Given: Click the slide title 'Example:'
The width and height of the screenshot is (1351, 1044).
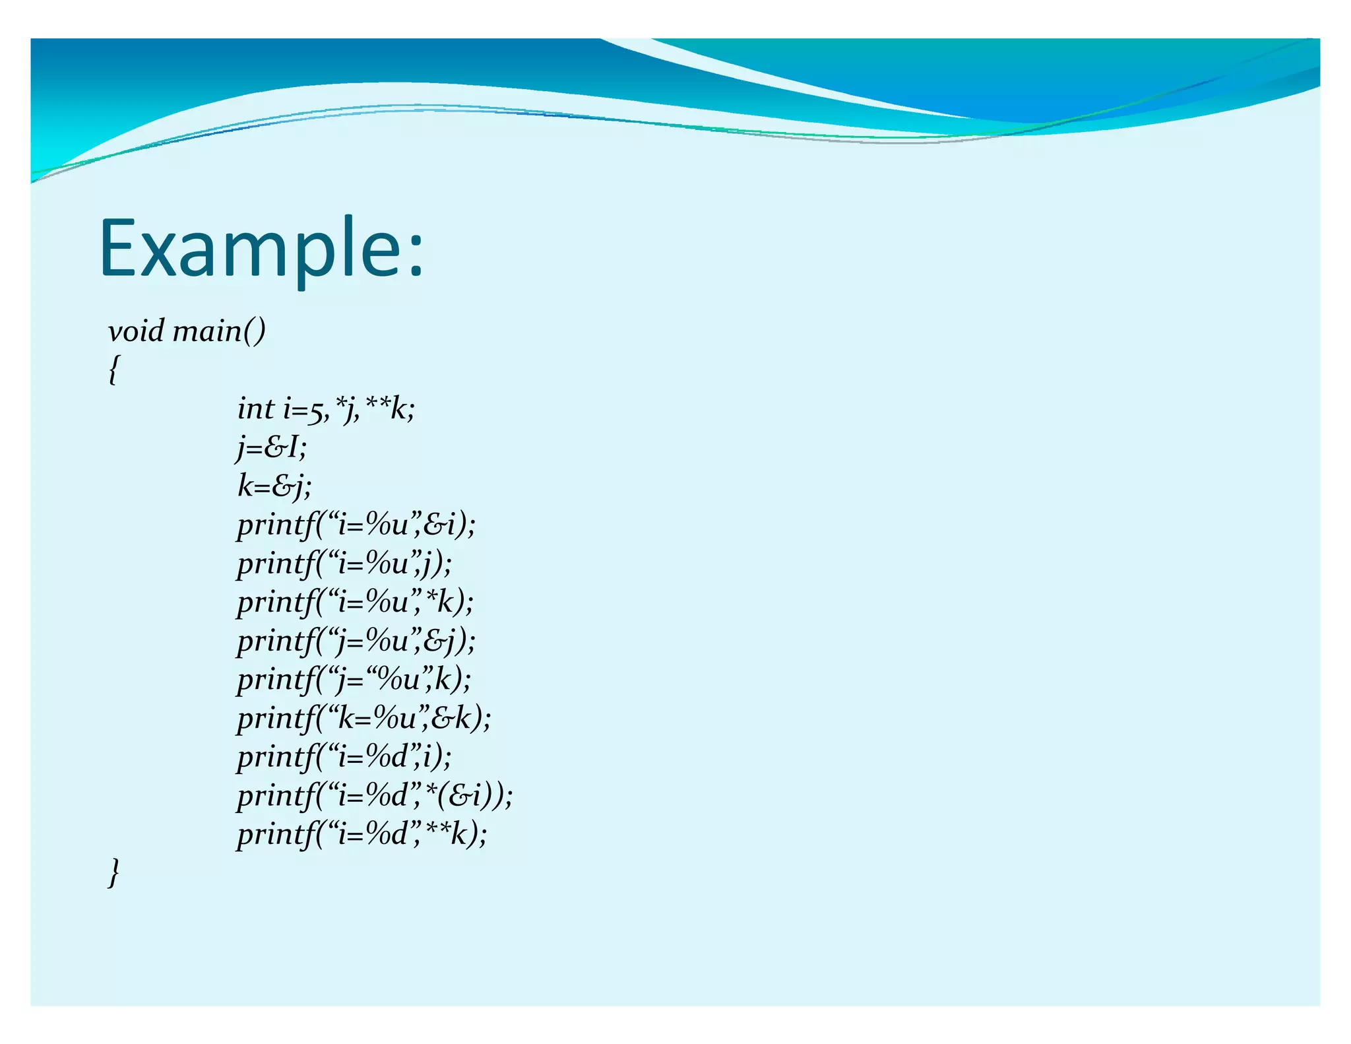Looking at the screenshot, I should coord(262,249).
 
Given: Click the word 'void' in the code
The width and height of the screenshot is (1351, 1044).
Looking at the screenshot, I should coord(136,331).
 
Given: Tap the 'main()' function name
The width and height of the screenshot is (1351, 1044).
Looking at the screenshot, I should coord(219,331).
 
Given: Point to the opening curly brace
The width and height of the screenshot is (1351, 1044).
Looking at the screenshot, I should coord(114,370).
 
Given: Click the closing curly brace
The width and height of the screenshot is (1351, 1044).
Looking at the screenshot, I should coord(114,872).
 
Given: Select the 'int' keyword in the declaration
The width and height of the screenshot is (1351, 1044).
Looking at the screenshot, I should coord(255,409).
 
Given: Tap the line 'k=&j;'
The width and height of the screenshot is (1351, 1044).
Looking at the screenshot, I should coord(274,486).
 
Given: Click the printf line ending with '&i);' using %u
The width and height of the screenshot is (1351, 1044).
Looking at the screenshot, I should coord(356,525).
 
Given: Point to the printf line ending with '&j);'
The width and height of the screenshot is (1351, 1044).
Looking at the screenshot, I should coord(356,641).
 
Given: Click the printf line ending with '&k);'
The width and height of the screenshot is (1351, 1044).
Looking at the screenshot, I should coord(364,718).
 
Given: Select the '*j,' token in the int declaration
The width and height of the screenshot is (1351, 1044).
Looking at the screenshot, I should coord(348,409).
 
